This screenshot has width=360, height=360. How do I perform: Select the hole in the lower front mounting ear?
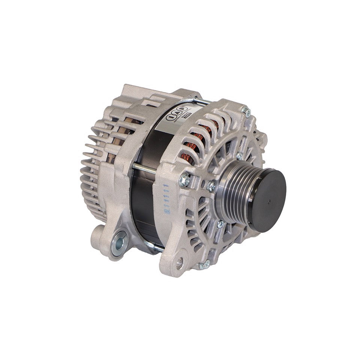point(180,263)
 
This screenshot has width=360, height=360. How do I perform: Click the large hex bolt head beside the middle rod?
point(184,181)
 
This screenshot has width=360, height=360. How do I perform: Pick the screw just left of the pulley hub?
point(211,186)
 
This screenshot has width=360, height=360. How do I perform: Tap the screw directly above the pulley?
point(239,155)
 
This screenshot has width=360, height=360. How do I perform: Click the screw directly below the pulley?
point(220,224)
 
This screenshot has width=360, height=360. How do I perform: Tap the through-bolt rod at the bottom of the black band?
point(154,247)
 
